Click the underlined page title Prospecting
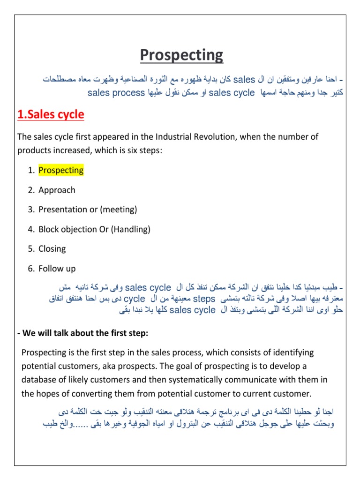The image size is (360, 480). click(x=182, y=55)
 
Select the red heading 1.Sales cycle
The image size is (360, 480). click(x=51, y=115)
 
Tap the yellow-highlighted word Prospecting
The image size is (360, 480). click(x=61, y=170)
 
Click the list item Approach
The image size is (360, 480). click(x=57, y=190)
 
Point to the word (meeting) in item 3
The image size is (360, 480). click(x=119, y=210)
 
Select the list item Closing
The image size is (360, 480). click(x=52, y=249)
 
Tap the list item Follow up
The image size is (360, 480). click(x=57, y=269)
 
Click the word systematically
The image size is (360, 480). click(x=177, y=380)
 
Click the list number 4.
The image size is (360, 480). click(x=30, y=229)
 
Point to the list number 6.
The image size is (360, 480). click(x=30, y=269)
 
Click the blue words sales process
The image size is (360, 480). click(x=116, y=93)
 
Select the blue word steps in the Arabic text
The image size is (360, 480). click(x=204, y=299)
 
